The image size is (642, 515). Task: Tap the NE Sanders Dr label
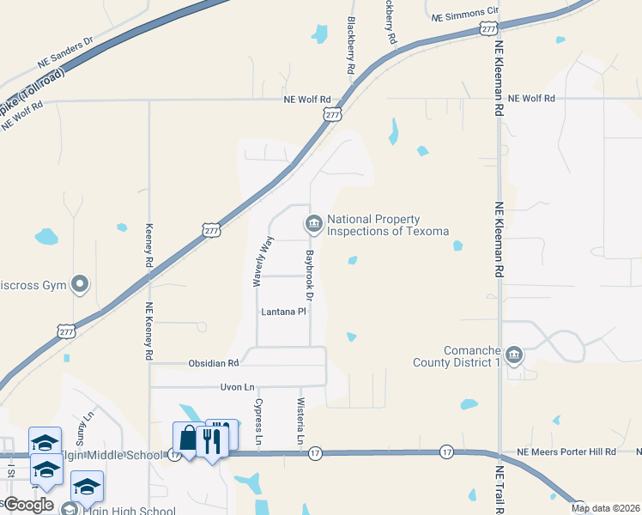[64, 52]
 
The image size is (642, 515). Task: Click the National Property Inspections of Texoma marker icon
[313, 225]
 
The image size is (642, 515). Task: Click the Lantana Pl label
[283, 312]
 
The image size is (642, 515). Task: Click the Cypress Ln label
[258, 421]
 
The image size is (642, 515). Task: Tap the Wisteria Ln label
[300, 421]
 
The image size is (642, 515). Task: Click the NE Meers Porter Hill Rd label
[567, 451]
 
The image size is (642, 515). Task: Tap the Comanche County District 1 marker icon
[513, 355]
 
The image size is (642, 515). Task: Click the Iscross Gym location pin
[80, 284]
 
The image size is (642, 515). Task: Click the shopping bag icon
[187, 439]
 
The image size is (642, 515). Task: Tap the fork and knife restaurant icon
[211, 439]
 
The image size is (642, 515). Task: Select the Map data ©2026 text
[605, 508]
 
